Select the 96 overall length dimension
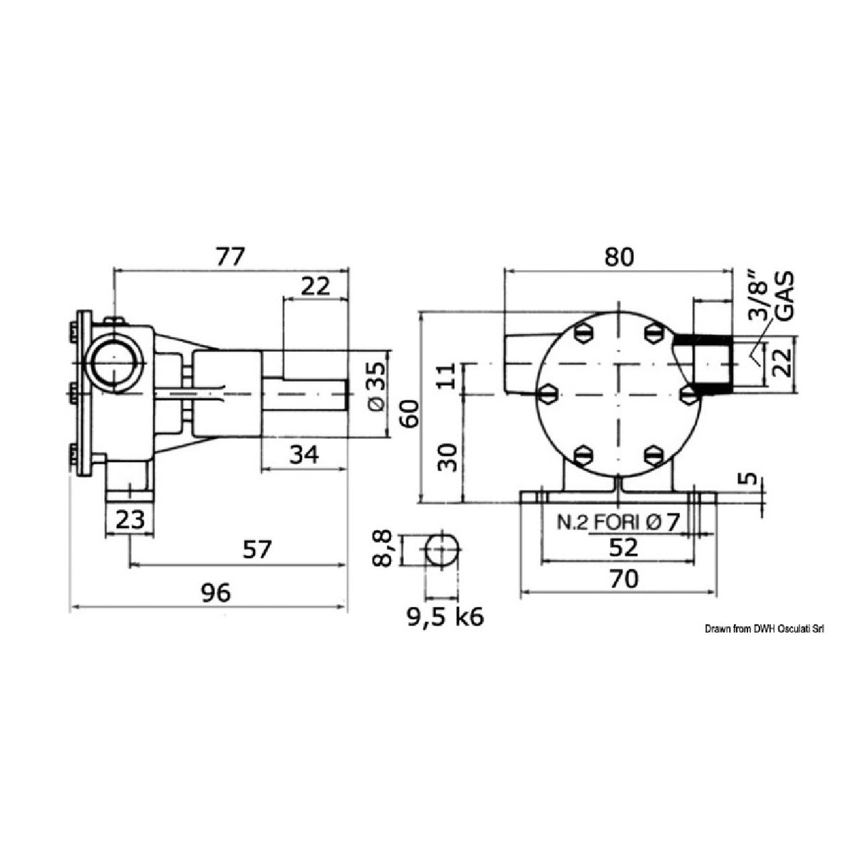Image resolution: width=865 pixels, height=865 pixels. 216,592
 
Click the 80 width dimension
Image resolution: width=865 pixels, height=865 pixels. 618,257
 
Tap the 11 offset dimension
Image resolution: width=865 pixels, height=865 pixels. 446,375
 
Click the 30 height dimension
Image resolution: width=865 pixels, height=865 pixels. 447,456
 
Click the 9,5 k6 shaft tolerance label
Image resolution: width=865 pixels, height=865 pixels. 445,616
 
